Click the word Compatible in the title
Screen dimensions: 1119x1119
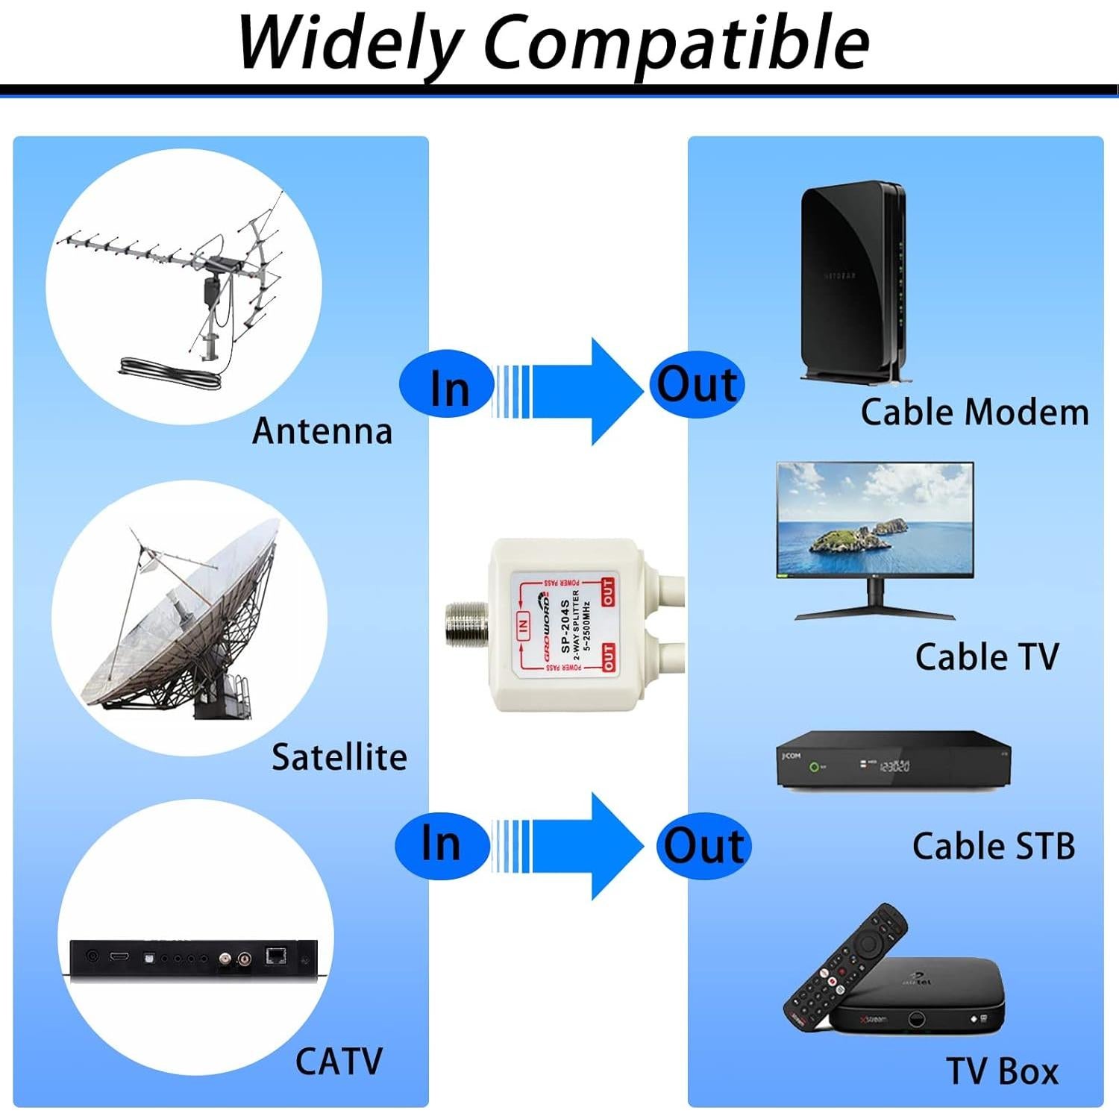click(x=676, y=43)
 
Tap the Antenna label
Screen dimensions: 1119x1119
click(x=322, y=431)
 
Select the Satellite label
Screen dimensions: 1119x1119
click(x=339, y=757)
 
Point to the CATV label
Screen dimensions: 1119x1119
click(x=339, y=1061)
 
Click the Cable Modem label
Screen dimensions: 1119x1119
click(x=974, y=413)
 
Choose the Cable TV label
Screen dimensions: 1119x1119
click(x=986, y=657)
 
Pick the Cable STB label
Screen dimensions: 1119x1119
click(x=993, y=846)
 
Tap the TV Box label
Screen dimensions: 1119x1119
click(x=1002, y=1071)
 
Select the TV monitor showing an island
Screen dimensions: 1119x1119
click(x=874, y=522)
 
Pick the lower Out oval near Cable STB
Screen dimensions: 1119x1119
click(x=703, y=846)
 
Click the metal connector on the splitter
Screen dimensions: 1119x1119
click(x=466, y=624)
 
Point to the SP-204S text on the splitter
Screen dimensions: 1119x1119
click(x=565, y=625)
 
